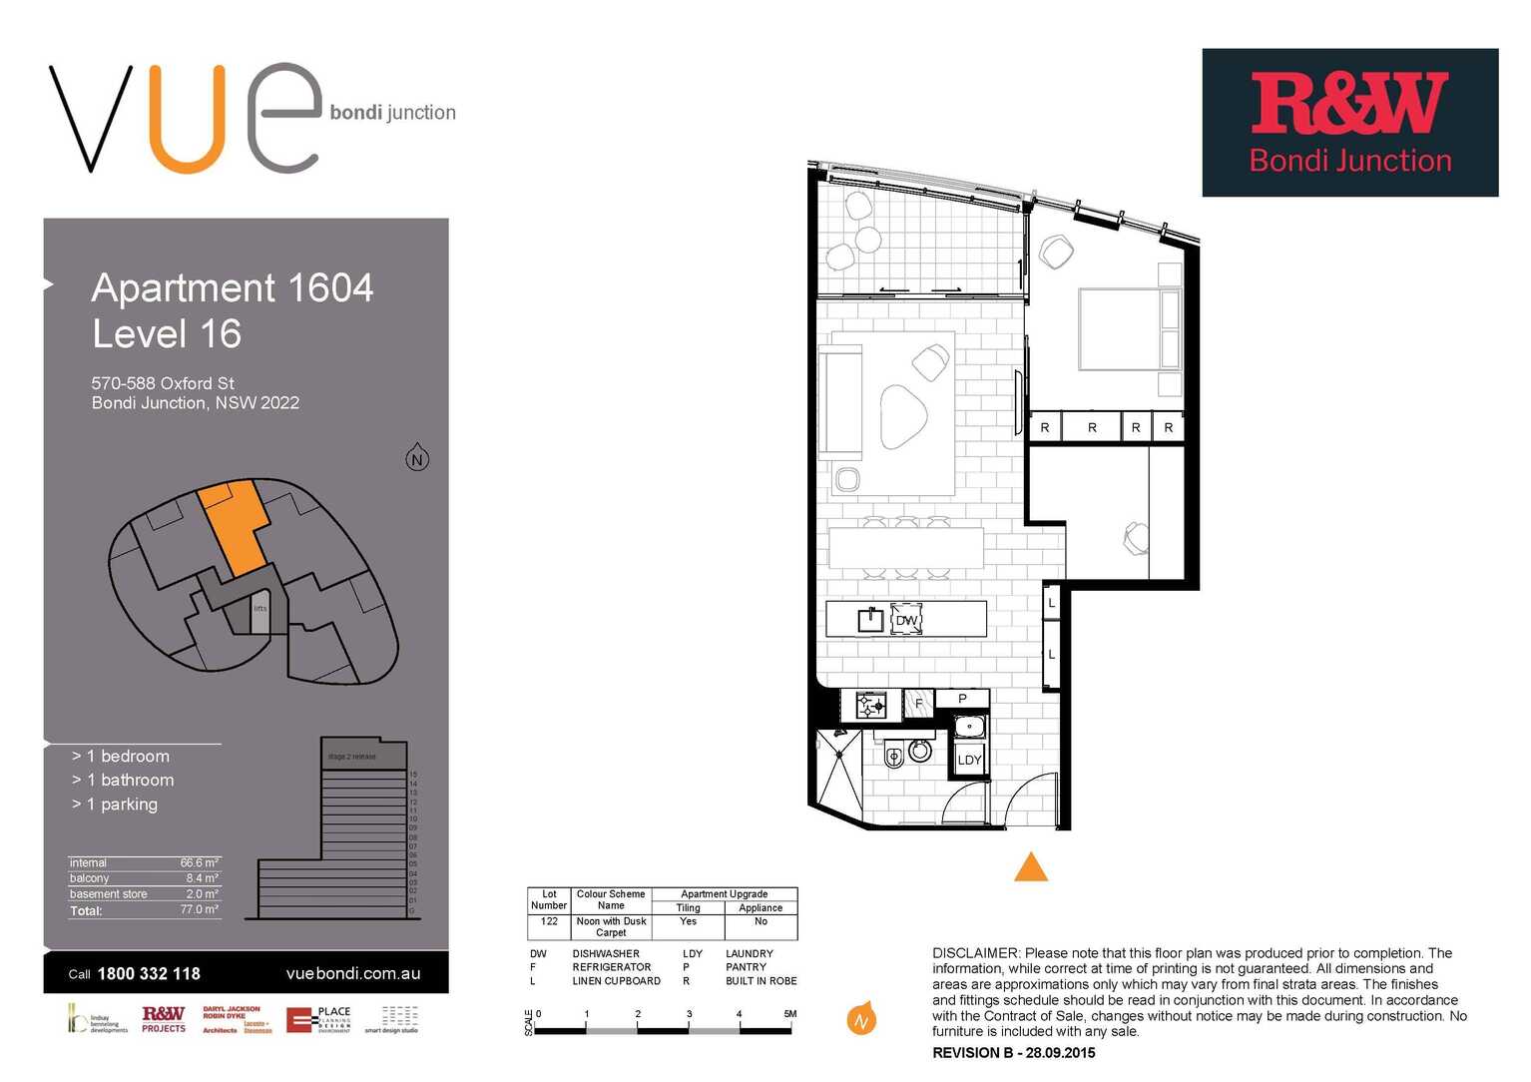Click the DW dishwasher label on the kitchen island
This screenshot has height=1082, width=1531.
point(906,620)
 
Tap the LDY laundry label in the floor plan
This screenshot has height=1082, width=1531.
point(969,760)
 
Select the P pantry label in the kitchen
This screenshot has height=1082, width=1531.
point(962,699)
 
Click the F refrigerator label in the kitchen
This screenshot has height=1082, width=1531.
point(918,704)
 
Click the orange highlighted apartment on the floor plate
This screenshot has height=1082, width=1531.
point(236,524)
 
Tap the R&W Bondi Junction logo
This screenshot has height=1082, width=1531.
point(1349,123)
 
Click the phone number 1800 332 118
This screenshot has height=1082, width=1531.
point(149,974)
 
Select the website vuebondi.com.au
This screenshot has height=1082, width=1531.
point(352,974)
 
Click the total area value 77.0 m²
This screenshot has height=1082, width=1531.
point(200,910)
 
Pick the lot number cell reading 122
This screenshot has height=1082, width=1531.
point(549,921)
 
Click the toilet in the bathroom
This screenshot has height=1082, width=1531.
point(895,755)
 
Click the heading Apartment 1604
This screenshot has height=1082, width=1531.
point(233,288)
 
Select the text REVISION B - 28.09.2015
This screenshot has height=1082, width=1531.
point(1013,1053)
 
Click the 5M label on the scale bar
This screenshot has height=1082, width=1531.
point(789,1014)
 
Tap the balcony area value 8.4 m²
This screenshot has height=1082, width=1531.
point(202,878)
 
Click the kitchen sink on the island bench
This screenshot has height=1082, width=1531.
point(870,620)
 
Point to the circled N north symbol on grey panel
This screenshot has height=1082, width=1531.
point(417,459)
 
